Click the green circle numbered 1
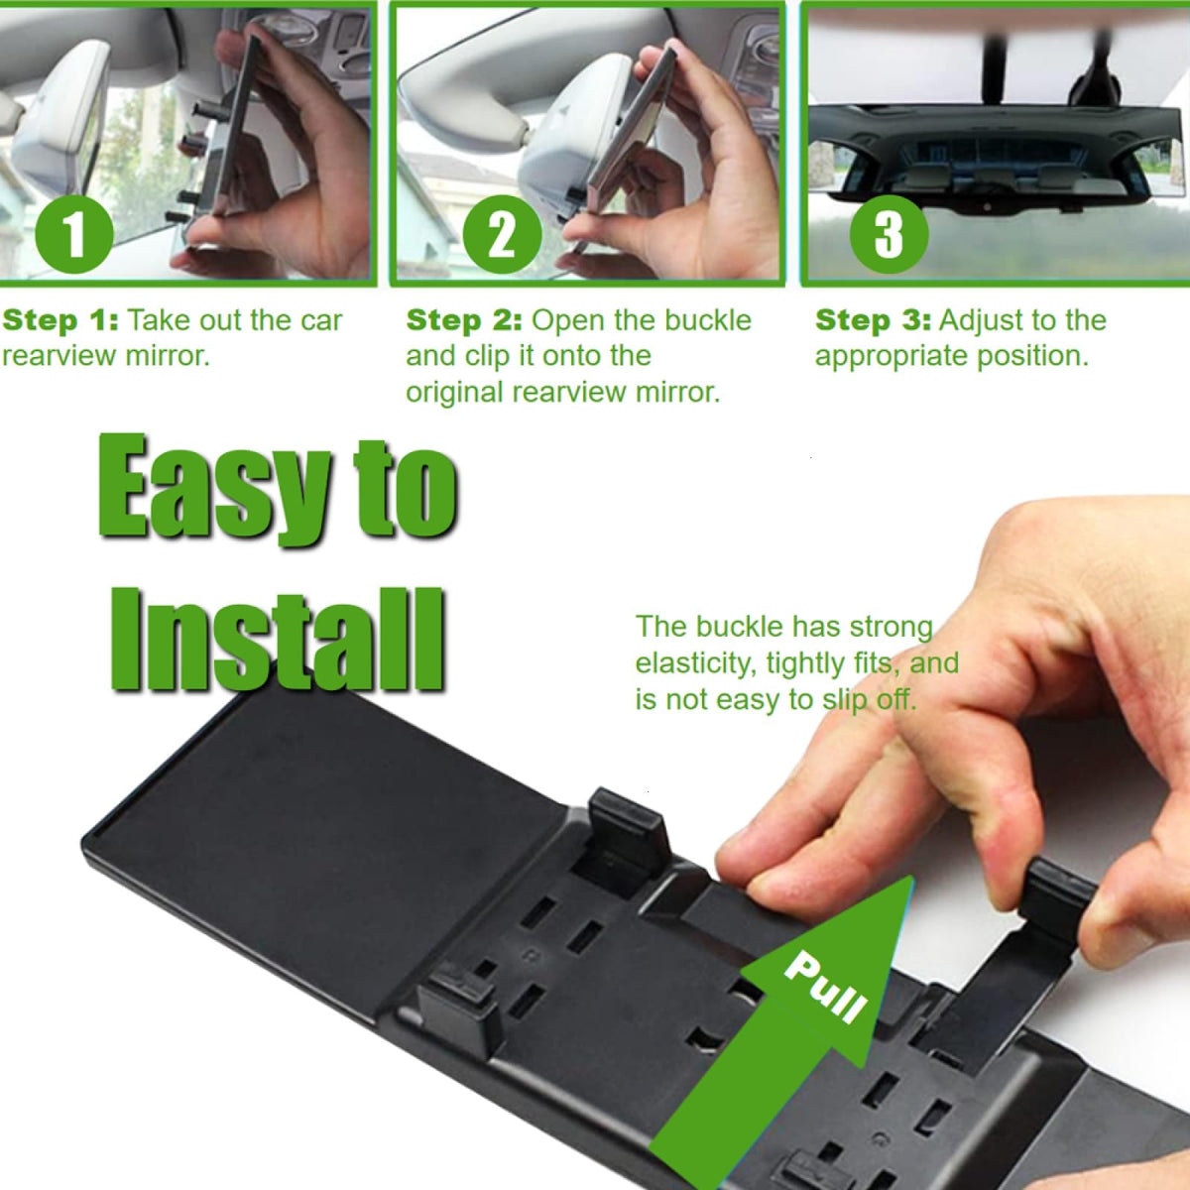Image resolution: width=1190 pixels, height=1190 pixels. click(x=74, y=235)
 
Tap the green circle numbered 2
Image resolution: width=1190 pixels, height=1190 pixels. click(x=502, y=235)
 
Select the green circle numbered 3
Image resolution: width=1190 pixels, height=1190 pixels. click(x=889, y=235)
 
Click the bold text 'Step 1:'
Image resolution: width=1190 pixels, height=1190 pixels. click(x=59, y=320)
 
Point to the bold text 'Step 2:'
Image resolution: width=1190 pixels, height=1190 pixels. click(x=464, y=320)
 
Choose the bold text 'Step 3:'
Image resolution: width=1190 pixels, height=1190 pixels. click(x=874, y=320)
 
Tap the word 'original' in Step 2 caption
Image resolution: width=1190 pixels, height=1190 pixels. click(x=454, y=393)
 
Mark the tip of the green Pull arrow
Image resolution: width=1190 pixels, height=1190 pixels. click(x=912, y=876)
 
